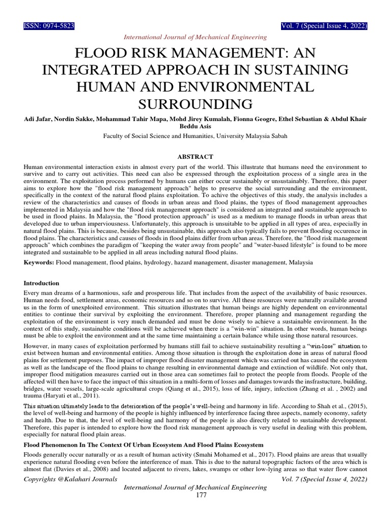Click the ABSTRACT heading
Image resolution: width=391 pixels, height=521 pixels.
coord(195,156)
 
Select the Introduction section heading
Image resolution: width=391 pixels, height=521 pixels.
coord(42,283)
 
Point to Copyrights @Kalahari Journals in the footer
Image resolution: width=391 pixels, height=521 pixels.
coord(70,479)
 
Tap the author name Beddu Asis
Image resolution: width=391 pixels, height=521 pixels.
coord(195,126)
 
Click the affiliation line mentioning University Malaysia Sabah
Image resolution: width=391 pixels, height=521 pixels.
coord(195,136)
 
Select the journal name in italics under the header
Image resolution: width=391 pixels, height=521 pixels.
coord(195,37)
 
